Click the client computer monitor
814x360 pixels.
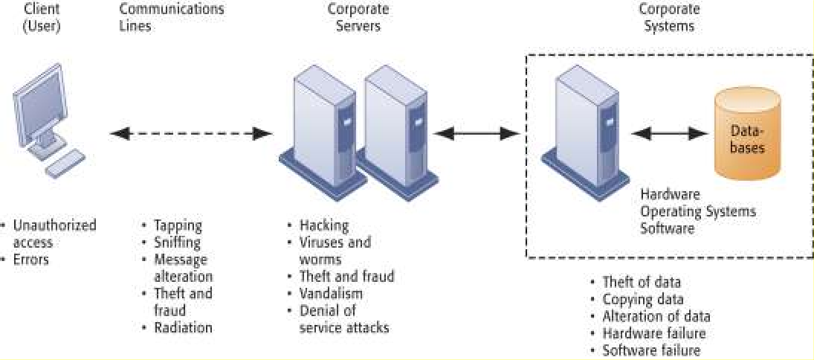[x=42, y=112]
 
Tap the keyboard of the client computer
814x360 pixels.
[x=65, y=163]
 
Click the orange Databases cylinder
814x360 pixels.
[x=747, y=135]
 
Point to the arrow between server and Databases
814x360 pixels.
[x=669, y=135]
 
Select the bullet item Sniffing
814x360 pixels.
[x=177, y=242]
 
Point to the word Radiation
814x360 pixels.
[x=183, y=327]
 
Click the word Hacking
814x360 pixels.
[x=323, y=225]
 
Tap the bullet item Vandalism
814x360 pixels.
[x=330, y=293]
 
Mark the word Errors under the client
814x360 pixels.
[x=30, y=259]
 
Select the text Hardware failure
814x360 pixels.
[x=653, y=333]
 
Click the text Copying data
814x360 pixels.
[x=642, y=299]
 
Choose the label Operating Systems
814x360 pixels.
[x=698, y=211]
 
